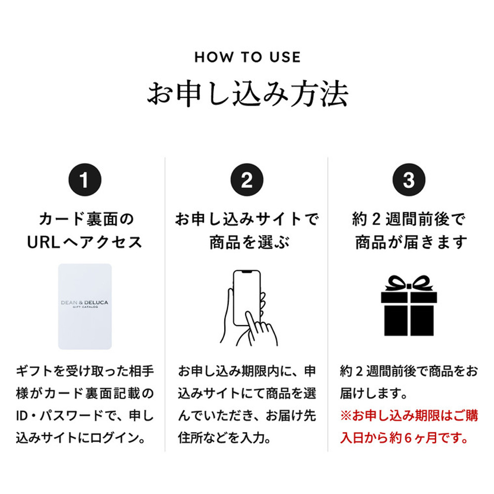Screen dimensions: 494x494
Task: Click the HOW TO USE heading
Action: coord(247,57)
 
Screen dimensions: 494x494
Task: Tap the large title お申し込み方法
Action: coord(247,93)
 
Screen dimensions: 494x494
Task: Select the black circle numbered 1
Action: coord(85,180)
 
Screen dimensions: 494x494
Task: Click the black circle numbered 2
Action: coord(247,180)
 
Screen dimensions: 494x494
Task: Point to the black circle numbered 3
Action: coord(409,180)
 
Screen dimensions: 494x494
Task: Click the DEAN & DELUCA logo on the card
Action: coord(84,303)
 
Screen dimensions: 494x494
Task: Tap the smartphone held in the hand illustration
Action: coord(247,298)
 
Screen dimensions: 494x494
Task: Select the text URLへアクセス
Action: coord(84,242)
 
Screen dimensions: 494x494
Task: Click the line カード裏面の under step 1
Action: coord(86,219)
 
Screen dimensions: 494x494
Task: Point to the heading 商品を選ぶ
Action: coord(249,242)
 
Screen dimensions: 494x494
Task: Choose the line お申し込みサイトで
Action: coord(247,219)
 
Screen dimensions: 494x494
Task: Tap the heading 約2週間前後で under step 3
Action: coord(409,219)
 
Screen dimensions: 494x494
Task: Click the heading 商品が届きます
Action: coord(411,242)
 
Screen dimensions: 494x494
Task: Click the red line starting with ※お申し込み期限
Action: coord(409,415)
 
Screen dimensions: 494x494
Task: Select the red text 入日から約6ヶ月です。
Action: coord(404,438)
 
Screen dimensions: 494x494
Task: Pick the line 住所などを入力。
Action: coord(224,438)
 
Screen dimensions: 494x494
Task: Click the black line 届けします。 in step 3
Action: coord(373,394)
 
